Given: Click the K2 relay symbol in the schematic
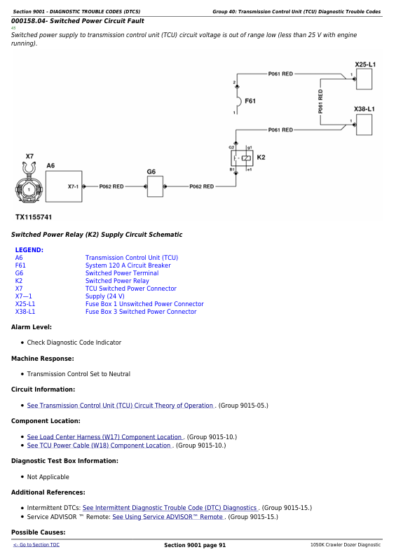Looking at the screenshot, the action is point(243,158).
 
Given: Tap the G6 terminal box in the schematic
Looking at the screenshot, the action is point(155,186).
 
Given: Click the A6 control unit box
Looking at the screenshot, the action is point(64,186).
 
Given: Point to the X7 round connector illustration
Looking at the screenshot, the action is point(29,184).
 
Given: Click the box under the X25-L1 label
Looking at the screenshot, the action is point(364,79).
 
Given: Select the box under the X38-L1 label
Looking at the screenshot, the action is point(364,125).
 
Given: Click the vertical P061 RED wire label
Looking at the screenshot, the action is point(320,102).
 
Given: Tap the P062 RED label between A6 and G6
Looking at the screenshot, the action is point(111,186).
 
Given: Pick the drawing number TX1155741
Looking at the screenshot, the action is point(34,217).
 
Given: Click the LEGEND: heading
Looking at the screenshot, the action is point(29,250).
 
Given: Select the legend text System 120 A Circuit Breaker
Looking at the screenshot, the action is point(128,265).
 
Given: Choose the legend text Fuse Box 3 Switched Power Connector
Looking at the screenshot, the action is point(141,312).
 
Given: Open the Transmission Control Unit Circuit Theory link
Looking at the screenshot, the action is point(121,406).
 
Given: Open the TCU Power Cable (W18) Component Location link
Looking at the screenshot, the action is point(99,446).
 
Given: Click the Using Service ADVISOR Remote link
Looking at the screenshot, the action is point(168,517).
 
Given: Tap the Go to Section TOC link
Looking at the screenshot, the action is point(36,545).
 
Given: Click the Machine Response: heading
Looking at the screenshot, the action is point(43,359).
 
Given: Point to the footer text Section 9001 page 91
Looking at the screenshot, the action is point(195,545).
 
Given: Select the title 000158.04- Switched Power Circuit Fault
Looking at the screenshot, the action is point(77,21).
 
